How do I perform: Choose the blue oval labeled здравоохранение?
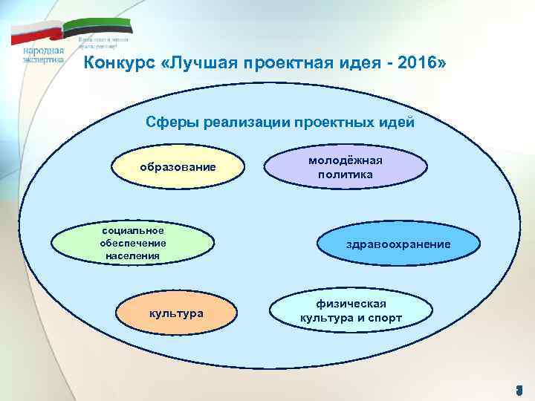pyautogui.click(x=398, y=244)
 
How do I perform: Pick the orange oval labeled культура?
pyautogui.click(x=176, y=313)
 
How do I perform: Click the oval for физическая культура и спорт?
pyautogui.click(x=351, y=311)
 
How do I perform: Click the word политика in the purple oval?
pyautogui.click(x=346, y=175)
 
